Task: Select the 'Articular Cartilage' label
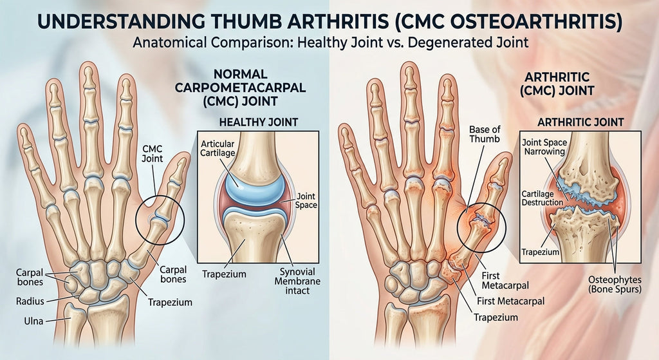218,148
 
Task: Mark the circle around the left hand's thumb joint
160,220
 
